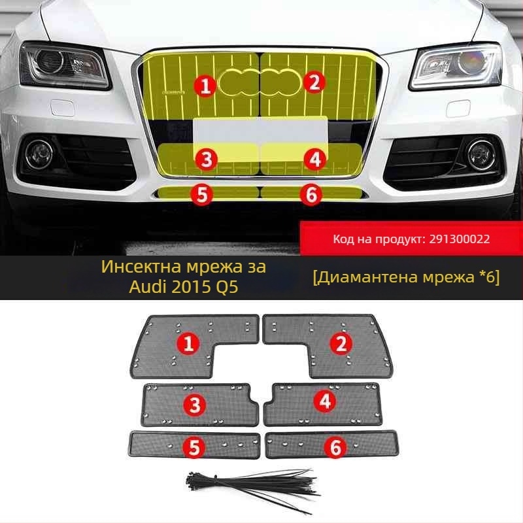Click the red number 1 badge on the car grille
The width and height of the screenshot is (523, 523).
[x=206, y=84]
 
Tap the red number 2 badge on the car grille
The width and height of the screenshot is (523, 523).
[x=314, y=82]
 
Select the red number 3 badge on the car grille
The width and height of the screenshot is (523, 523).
[x=207, y=158]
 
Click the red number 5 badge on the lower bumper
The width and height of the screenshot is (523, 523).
[x=202, y=194]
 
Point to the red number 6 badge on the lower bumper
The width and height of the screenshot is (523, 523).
[x=311, y=194]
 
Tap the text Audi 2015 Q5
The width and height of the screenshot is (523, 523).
[x=183, y=286]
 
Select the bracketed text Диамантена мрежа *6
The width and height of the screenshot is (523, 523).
[x=406, y=278]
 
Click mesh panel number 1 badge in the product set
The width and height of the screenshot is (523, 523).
[x=189, y=343]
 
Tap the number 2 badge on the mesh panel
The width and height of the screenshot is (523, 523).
[x=340, y=343]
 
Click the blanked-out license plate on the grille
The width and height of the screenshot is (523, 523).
[x=261, y=129]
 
